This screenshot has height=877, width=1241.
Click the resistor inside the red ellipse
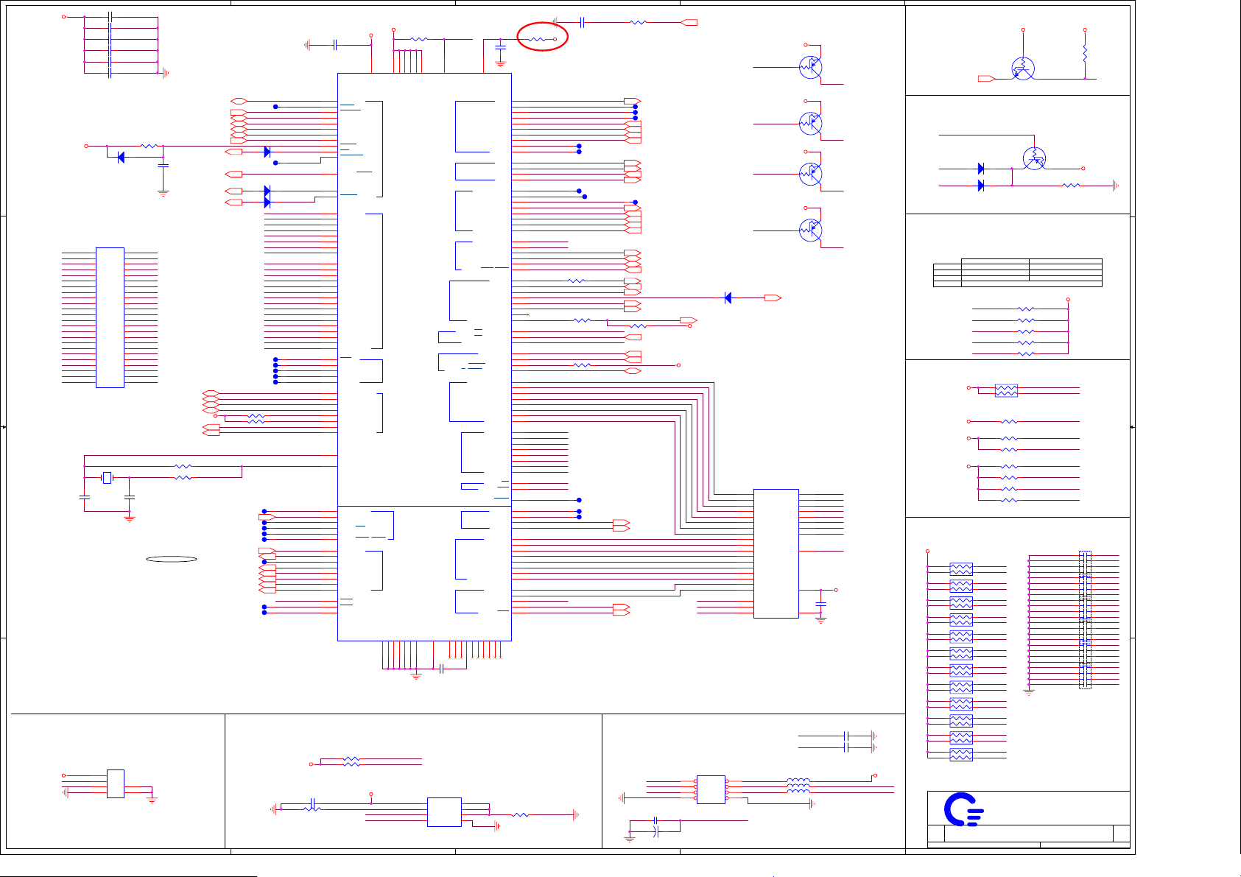pos(537,39)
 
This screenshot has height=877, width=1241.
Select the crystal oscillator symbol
pos(107,478)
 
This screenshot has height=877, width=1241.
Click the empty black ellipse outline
pos(172,559)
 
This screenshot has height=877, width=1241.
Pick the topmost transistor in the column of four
pos(810,67)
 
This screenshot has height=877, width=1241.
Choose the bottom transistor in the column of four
pos(810,230)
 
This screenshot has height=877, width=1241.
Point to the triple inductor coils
pos(798,786)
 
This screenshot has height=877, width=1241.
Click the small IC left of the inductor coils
pos(711,789)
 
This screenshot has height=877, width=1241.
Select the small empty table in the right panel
pos(1017,272)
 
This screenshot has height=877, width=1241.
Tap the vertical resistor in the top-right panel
pos(1085,54)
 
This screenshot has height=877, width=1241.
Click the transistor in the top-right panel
pos(1022,69)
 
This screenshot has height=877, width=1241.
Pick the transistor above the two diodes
pos(1035,158)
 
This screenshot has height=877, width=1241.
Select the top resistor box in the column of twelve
pos(961,568)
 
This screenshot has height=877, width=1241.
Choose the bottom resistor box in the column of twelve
pos(961,755)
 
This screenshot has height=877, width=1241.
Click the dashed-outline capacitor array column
pos(1085,619)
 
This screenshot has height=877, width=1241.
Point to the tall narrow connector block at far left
pos(110,317)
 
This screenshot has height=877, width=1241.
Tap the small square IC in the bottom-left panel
pos(115,783)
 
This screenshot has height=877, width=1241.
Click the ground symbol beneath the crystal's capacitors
pos(130,519)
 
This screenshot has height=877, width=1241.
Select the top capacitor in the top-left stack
pos(110,16)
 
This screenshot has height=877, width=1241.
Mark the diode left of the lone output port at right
pos(728,297)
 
